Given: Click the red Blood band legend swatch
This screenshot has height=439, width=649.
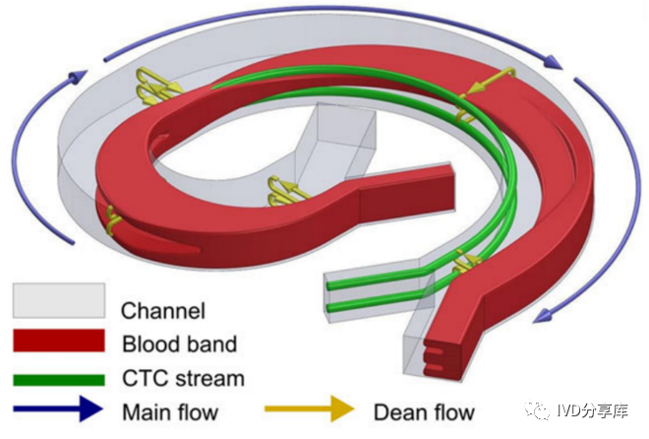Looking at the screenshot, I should click(x=58, y=341).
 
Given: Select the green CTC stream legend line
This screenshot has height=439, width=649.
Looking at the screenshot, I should click(x=58, y=378).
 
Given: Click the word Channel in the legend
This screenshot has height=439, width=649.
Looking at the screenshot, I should click(x=163, y=312).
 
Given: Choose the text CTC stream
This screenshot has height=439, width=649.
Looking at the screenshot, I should click(x=182, y=378).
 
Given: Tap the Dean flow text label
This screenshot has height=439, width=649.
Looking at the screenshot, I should click(x=424, y=411).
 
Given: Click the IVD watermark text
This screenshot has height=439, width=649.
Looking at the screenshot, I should click(x=601, y=412).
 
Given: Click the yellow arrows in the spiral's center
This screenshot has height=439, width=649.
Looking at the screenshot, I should click(x=285, y=188).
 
